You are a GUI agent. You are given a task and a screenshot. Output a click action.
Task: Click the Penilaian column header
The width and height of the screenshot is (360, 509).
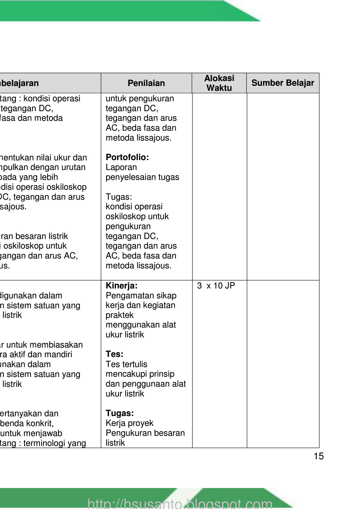146,83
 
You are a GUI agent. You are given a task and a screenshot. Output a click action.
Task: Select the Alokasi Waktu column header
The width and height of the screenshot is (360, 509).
219,83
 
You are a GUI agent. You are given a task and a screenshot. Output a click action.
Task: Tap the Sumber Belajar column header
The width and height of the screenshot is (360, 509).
283,83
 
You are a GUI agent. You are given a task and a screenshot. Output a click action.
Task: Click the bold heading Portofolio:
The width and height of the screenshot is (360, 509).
127,157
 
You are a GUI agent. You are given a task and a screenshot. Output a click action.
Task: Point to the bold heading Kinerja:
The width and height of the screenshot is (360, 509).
121,286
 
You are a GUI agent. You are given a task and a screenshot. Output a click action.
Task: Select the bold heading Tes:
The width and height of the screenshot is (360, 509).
114,354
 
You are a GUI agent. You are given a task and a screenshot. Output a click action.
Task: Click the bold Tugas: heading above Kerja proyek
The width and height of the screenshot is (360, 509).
120,413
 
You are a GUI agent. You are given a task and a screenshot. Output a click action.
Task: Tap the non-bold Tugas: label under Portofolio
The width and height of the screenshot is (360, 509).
119,197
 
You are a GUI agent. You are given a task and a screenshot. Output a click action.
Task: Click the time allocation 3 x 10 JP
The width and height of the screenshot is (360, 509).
216,286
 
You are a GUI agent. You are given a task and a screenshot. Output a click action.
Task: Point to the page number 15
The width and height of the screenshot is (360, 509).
319,456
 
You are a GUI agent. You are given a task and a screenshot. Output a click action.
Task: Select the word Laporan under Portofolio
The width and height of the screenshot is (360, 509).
121,167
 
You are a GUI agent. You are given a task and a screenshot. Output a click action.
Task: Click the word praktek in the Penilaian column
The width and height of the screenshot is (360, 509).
119,315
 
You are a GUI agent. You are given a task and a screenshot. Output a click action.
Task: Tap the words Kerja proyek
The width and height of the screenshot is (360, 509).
129,423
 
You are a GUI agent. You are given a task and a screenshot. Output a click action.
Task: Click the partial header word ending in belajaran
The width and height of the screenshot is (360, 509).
19,83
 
